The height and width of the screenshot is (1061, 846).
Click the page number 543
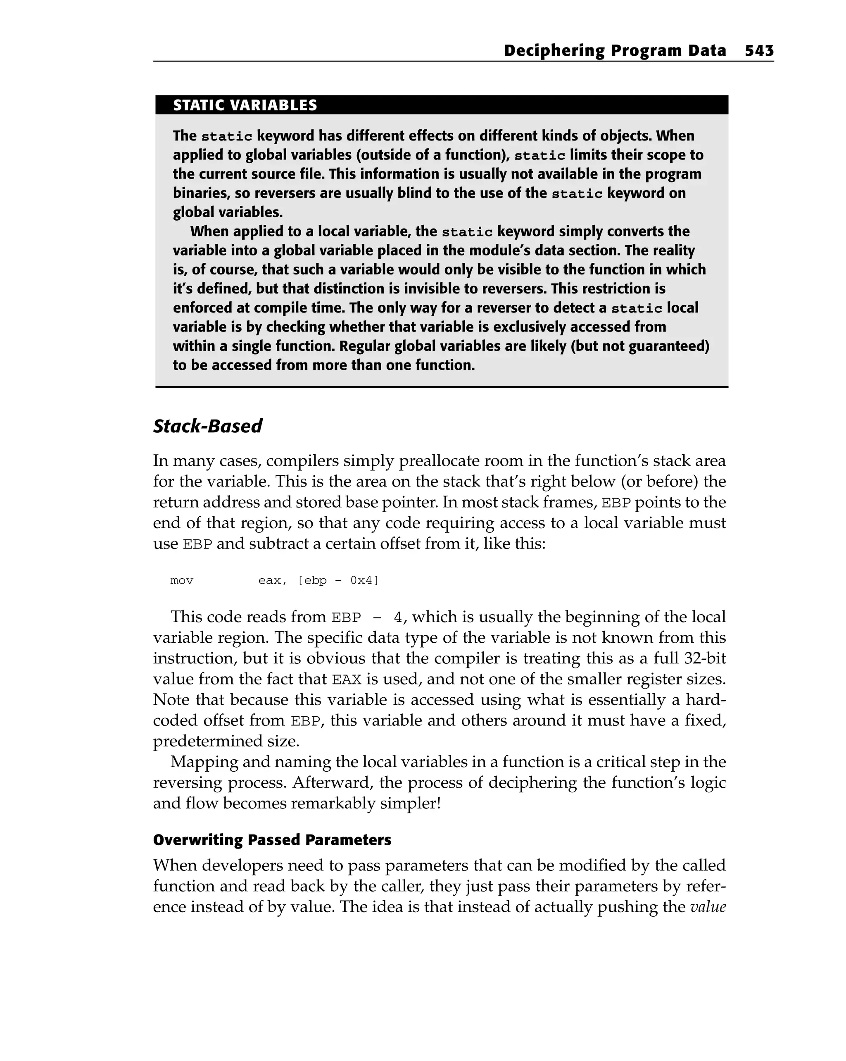click(759, 51)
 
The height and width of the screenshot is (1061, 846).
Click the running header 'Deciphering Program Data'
click(614, 51)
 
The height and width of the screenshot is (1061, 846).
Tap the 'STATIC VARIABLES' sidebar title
click(245, 105)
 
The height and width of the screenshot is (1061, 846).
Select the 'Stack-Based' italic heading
click(207, 426)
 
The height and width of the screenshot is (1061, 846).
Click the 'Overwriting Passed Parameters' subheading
click(272, 839)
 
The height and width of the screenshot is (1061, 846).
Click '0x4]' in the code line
click(364, 581)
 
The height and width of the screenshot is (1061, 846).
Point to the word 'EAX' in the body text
click(347, 680)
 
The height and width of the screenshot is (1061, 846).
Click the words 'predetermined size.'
click(226, 741)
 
